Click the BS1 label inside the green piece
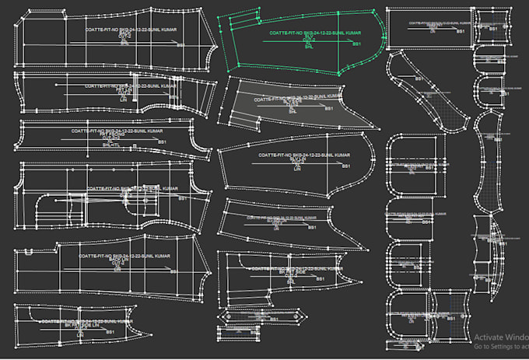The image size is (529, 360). (x=356, y=44)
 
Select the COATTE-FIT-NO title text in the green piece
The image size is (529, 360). (x=315, y=33)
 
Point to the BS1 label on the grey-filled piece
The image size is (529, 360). (x=329, y=109)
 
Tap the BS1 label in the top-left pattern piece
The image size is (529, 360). (x=180, y=45)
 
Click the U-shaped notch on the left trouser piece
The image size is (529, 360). (x=29, y=252)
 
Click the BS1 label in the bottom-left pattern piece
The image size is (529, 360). (x=110, y=333)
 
